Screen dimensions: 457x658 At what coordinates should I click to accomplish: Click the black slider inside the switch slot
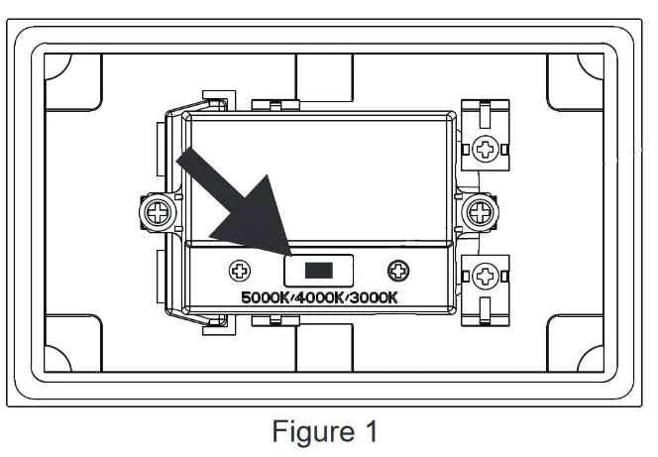(318, 270)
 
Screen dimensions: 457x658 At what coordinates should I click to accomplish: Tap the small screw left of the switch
(240, 270)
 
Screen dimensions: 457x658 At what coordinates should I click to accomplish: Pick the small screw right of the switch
(397, 270)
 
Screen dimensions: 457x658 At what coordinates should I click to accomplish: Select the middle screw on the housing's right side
(480, 210)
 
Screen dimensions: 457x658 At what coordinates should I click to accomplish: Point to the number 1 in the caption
(370, 433)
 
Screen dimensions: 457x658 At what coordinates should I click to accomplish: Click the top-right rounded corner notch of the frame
(592, 68)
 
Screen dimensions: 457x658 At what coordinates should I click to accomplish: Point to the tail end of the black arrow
(185, 159)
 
